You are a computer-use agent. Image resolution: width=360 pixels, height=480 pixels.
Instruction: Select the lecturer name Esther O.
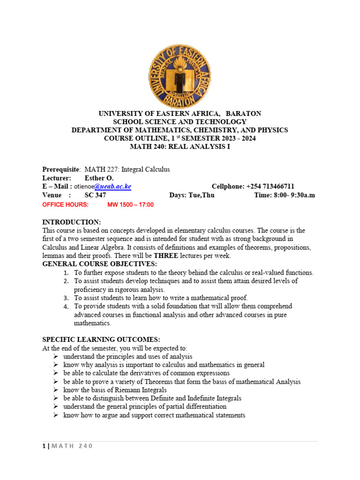point(98,178)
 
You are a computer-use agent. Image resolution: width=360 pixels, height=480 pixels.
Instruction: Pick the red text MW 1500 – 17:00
point(130,205)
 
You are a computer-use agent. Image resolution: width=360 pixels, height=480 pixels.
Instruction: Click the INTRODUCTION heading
point(71,222)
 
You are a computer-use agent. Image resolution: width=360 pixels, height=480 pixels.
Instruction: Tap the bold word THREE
point(168,255)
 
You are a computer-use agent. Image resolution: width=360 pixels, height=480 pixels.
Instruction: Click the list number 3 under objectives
point(66,298)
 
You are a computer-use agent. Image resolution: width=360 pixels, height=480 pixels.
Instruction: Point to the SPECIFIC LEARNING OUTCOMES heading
point(101,339)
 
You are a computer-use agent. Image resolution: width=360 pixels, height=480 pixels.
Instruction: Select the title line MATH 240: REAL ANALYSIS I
point(180,147)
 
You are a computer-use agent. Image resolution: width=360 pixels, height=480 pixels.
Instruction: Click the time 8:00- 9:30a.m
point(285,195)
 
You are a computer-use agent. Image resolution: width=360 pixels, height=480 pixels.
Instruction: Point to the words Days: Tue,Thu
point(192,195)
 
